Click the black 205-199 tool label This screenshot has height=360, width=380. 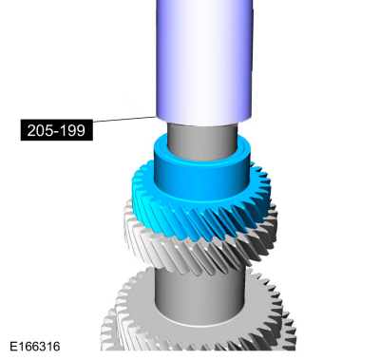(57, 130)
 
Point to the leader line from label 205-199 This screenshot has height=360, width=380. (124, 119)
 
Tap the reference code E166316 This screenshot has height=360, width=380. (35, 347)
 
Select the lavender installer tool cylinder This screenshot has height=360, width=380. (204, 60)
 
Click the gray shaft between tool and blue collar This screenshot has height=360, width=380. (202, 140)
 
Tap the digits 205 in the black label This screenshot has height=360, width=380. (38, 130)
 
